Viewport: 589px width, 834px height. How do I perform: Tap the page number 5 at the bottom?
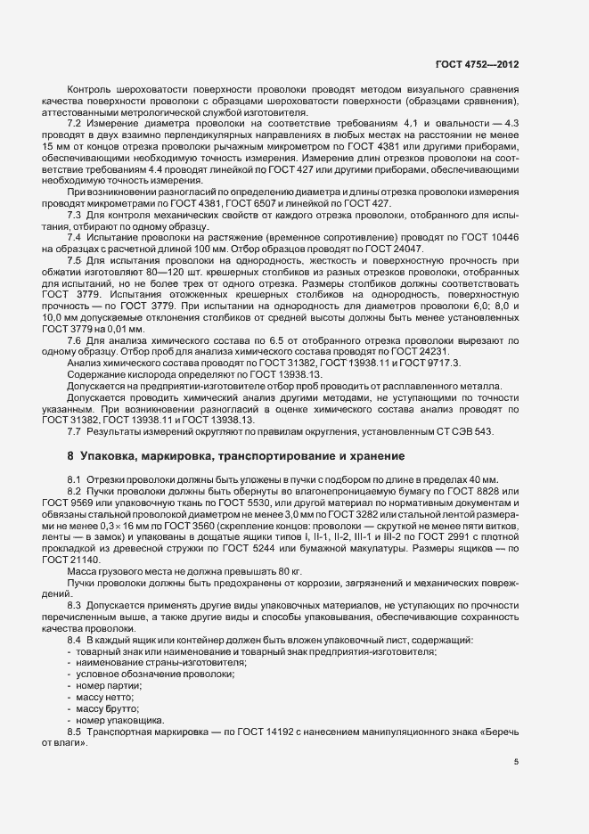click(517, 762)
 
